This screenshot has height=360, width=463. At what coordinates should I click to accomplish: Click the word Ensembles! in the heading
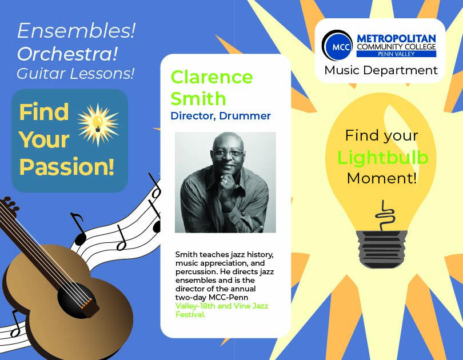point(77,31)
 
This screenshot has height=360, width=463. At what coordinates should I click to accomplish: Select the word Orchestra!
point(67,54)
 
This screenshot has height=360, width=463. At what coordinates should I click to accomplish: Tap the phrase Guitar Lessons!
point(75,74)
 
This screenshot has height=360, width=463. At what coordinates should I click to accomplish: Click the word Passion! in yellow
point(67,166)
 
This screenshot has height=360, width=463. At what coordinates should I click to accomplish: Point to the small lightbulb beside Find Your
point(98,123)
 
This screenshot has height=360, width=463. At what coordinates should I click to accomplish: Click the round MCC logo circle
point(337,46)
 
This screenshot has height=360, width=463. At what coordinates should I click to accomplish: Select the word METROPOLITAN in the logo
point(396,38)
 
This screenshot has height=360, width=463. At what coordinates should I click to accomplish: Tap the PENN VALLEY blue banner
point(396,54)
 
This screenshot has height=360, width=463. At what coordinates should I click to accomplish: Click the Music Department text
point(381,70)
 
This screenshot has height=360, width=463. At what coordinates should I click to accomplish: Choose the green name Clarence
point(211,77)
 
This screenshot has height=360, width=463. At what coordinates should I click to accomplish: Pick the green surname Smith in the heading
point(198,98)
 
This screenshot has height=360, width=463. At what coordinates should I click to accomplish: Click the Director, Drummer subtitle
point(221,115)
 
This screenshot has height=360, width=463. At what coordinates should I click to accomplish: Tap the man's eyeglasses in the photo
point(228,153)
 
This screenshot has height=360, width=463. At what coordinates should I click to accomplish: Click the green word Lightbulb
point(382,157)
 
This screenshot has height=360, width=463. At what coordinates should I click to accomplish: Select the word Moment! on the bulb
point(382,178)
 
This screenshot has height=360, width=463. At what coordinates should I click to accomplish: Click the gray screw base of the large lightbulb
point(382,250)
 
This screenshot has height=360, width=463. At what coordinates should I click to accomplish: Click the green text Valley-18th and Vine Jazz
point(221,306)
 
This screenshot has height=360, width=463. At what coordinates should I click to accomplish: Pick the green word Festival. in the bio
point(190,314)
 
